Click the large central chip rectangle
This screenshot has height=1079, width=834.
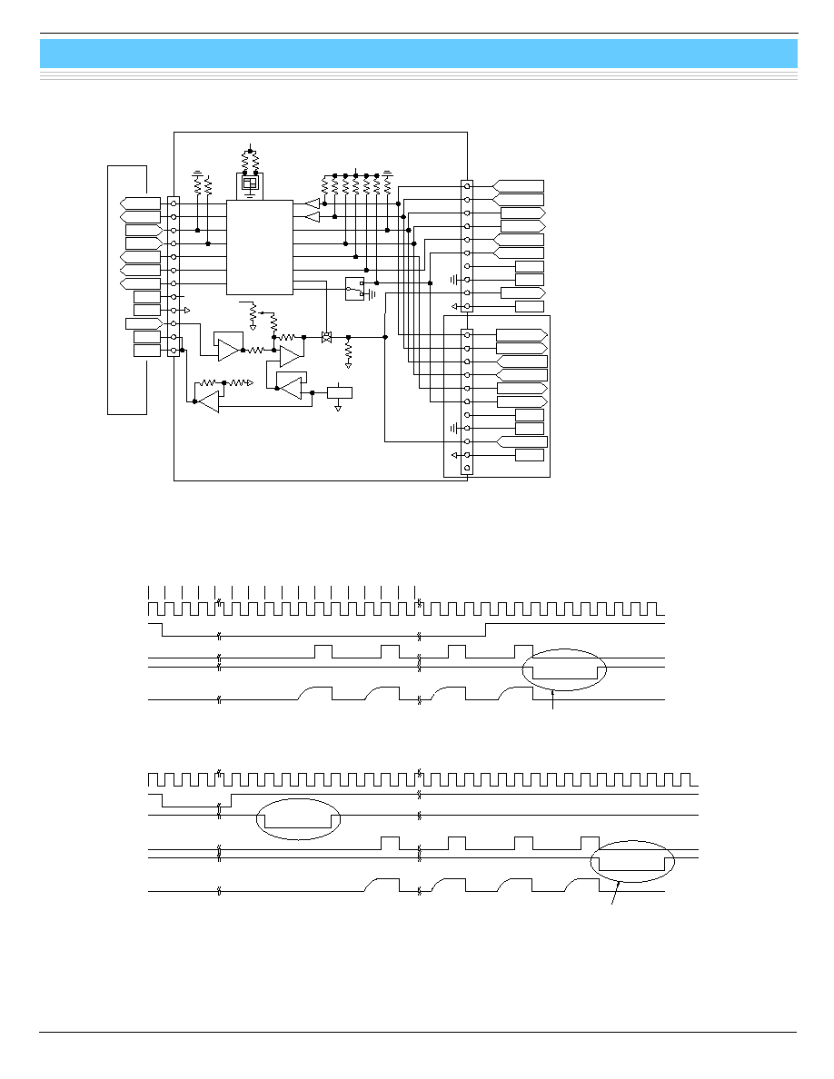[259, 247]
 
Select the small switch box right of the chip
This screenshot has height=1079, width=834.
[354, 288]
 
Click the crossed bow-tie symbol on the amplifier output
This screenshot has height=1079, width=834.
[327, 337]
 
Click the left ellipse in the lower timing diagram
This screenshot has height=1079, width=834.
[298, 820]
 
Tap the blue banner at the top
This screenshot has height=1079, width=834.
[418, 54]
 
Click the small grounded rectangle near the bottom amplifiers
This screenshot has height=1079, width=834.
[339, 392]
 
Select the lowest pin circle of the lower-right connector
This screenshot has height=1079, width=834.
[467, 469]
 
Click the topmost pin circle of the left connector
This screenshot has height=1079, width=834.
[174, 204]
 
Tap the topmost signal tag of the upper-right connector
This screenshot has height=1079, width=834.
[520, 186]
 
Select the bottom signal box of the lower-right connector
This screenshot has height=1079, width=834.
[529, 455]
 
